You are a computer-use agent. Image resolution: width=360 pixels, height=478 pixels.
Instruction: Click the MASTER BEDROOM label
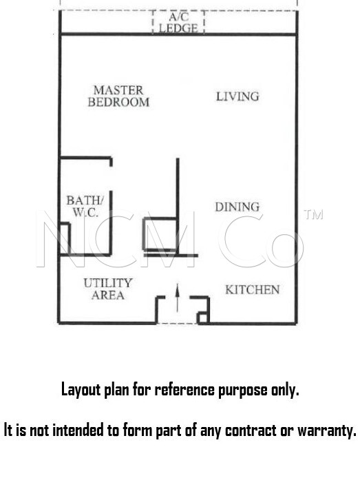(x=118, y=96)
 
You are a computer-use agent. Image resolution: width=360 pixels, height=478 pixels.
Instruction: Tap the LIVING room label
(x=237, y=96)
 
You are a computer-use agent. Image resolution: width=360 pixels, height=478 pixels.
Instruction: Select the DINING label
(x=237, y=207)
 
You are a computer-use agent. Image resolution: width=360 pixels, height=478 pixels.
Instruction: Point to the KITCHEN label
(x=252, y=289)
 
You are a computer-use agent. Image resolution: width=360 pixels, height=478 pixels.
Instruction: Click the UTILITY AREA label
(x=108, y=289)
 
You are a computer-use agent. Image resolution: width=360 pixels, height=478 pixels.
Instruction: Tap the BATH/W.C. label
(x=85, y=206)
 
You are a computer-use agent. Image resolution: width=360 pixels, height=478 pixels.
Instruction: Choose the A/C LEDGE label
(x=178, y=23)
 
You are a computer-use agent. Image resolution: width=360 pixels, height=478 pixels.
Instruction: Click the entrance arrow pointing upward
(x=178, y=298)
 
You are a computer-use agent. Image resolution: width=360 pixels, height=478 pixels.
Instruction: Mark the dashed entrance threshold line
(x=177, y=323)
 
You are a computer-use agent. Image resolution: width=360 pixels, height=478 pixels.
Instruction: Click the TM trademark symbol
(x=313, y=215)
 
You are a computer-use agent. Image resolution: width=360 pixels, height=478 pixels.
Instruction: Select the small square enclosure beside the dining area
(x=160, y=233)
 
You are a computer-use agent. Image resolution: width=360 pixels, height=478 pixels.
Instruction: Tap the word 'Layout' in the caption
(x=81, y=390)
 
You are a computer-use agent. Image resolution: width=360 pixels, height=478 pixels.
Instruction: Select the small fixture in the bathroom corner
(x=65, y=238)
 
